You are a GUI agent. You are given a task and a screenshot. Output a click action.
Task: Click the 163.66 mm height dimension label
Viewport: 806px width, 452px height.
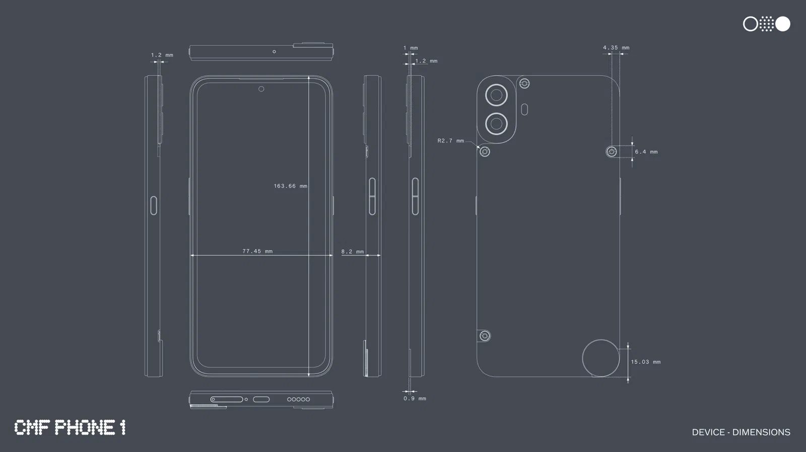click(x=290, y=186)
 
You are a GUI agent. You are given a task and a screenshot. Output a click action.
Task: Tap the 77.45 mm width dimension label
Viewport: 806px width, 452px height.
click(x=257, y=251)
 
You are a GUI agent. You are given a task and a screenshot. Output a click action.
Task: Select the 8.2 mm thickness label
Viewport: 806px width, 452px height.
click(x=352, y=252)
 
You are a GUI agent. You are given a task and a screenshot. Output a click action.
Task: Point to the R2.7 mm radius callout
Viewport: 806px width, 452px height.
click(x=450, y=141)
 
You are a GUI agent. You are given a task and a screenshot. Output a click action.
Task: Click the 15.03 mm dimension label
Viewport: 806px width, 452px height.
click(x=645, y=362)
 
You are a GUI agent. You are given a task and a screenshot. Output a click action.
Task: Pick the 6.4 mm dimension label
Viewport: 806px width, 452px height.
click(x=646, y=152)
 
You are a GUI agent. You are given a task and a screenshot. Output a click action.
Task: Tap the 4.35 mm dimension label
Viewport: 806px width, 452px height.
click(x=616, y=48)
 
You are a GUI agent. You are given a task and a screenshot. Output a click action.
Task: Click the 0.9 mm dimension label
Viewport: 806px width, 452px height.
click(x=414, y=399)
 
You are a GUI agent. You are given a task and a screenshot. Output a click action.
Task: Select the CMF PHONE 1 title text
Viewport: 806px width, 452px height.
click(x=70, y=428)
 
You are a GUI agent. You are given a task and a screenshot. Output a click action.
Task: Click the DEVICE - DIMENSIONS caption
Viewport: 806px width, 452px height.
click(x=741, y=432)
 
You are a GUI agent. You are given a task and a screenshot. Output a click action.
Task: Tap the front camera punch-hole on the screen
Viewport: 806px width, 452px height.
click(x=261, y=89)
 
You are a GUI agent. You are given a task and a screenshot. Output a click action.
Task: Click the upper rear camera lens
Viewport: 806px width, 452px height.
click(x=496, y=95)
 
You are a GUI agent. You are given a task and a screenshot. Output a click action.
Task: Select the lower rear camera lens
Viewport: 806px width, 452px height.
click(x=496, y=124)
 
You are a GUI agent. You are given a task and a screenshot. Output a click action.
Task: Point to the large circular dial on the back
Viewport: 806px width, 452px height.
click(x=600, y=358)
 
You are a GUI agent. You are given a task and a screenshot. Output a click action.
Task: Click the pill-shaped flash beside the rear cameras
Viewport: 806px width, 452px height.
click(x=524, y=109)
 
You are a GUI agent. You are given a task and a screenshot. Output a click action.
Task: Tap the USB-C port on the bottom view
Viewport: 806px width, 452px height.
click(x=261, y=399)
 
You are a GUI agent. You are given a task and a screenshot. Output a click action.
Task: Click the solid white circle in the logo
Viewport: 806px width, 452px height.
click(x=782, y=24)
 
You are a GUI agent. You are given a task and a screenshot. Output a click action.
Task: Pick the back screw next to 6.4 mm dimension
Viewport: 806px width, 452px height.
click(x=612, y=152)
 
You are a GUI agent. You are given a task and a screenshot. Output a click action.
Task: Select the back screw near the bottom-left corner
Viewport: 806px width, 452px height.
click(x=485, y=336)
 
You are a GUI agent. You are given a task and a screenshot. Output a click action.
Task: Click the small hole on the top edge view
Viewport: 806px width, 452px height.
click(x=274, y=51)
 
